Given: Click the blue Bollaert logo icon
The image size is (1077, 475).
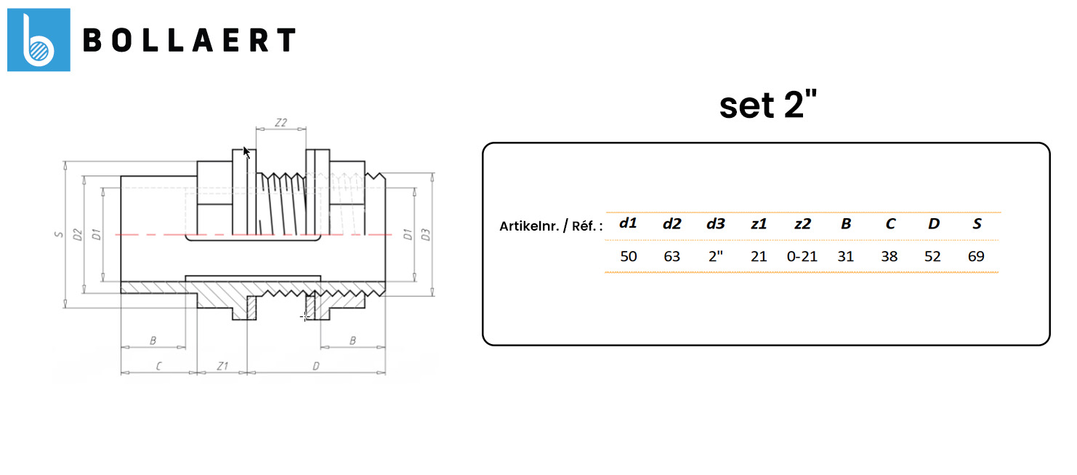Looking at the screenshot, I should click(39, 40).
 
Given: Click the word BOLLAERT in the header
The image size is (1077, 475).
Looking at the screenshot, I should click(189, 41).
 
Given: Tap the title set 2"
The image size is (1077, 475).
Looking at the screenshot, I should click(768, 106).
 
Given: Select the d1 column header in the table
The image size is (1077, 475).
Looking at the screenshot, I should click(628, 224).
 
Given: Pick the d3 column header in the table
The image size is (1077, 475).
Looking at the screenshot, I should click(716, 224).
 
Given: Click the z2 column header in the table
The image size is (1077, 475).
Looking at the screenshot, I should click(802, 224).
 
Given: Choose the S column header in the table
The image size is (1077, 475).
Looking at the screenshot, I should click(977, 224).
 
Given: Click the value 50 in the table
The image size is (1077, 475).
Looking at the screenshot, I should click(629, 256).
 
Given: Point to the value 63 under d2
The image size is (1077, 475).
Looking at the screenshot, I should click(672, 256).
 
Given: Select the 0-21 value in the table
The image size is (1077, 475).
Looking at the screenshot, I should click(802, 256).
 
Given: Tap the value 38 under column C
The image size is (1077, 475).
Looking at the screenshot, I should click(889, 256).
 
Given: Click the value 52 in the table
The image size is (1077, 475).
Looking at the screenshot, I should click(934, 256).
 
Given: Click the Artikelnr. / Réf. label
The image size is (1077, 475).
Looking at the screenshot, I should click(551, 225).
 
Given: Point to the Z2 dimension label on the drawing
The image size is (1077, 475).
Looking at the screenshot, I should click(282, 122).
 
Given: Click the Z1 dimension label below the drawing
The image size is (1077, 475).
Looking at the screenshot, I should click(222, 366).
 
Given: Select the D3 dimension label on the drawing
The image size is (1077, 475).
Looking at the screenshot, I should click(427, 234).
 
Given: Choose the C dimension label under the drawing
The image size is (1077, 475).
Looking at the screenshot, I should click(158, 366).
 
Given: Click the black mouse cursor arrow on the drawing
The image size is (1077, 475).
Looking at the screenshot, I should click(246, 152).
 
